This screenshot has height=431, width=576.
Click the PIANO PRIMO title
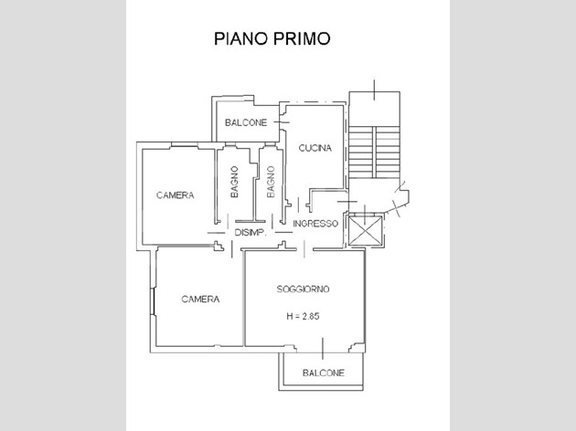tap(272, 38)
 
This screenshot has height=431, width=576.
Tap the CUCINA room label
tap(315, 148)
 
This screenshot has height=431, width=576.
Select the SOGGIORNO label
tap(303, 289)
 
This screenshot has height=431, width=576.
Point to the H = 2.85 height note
tap(303, 316)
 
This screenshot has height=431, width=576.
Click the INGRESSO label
tap(315, 224)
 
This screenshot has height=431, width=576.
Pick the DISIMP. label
tap(251, 232)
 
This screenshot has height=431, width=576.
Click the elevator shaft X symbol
tap(365, 231)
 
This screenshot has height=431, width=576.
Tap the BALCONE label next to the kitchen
tap(246, 122)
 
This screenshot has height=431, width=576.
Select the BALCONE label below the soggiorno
tap(324, 373)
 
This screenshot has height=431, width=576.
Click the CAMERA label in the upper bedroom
tap(175, 195)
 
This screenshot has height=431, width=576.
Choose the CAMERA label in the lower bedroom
tap(200, 300)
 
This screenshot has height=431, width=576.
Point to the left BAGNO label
tap(234, 182)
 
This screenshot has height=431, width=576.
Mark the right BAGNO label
tap(271, 182)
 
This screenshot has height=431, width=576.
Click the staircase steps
tap(374, 152)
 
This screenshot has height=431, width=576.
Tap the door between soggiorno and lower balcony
tap(323, 349)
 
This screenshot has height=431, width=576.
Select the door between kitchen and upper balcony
tap(282, 122)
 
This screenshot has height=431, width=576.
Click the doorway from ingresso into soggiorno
tap(304, 249)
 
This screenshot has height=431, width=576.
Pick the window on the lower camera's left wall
tap(154, 300)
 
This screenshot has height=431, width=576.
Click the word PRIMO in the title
tap(301, 38)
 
